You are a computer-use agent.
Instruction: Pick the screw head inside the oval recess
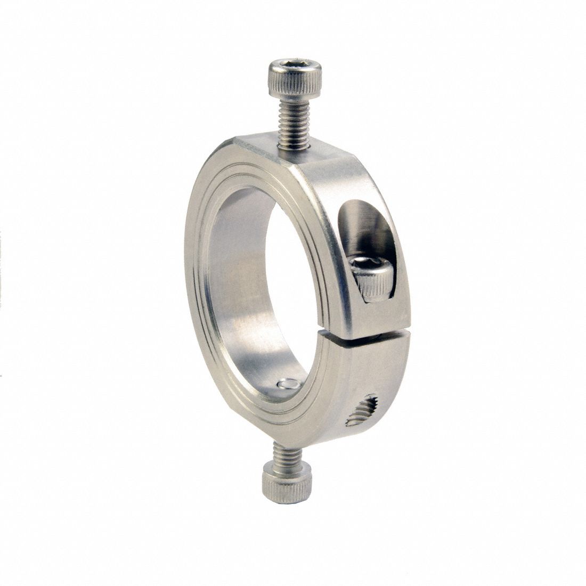point(371,277)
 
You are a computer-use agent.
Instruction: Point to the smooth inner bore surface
point(240,288)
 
